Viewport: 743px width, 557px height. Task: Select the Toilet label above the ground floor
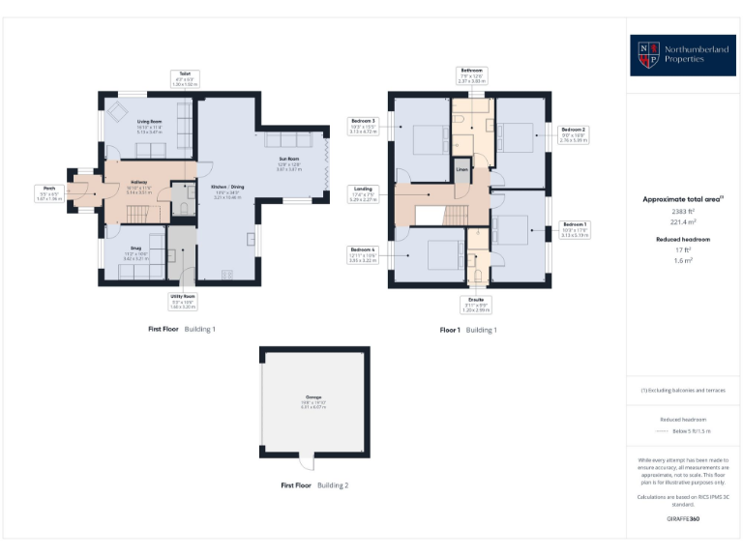point(184,78)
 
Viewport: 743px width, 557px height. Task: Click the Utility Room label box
point(183,301)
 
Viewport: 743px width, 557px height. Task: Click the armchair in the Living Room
point(118,113)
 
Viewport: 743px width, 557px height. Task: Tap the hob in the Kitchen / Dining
point(227,275)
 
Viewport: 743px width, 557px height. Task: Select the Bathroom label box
point(471,75)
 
